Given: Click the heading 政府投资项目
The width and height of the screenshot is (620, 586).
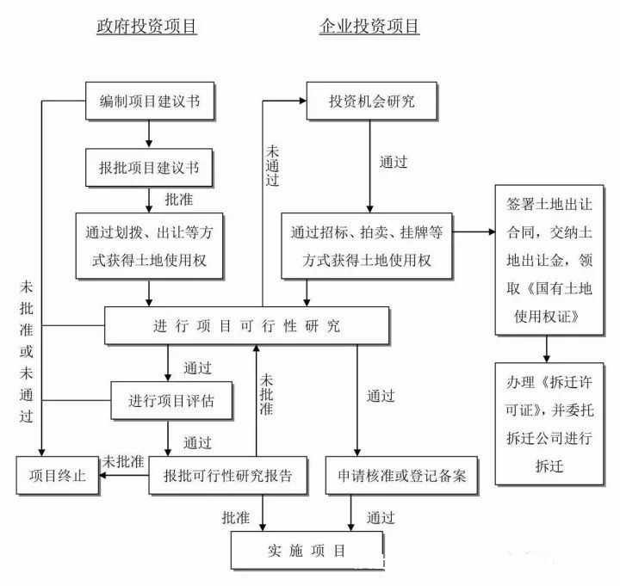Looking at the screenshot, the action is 146,26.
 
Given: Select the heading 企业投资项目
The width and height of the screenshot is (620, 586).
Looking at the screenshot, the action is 369,26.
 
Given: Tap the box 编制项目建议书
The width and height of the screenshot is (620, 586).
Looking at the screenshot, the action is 150,101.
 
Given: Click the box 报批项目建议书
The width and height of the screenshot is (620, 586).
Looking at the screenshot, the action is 149,168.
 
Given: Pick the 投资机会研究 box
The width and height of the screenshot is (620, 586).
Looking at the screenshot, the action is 372,101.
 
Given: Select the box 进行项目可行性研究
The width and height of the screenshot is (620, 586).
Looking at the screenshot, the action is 247,325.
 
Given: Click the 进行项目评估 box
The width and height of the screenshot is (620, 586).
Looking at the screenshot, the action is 171,401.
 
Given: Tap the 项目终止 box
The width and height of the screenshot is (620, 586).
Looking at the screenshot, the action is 58,475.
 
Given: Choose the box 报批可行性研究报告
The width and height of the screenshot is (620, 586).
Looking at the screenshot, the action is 227,475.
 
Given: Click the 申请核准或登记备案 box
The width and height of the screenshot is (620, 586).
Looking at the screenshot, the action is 401,475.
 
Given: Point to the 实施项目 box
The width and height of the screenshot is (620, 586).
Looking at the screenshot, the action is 307,551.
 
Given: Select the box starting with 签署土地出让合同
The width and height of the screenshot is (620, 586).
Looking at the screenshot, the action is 549,260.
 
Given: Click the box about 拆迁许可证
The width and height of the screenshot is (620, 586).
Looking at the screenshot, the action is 549,423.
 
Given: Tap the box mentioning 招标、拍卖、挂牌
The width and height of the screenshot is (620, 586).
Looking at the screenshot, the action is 367,246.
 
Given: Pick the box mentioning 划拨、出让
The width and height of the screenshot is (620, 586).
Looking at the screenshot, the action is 150,246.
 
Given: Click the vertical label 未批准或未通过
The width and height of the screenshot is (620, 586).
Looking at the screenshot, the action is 26,351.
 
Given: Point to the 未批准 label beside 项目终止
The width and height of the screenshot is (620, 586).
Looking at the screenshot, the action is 123,461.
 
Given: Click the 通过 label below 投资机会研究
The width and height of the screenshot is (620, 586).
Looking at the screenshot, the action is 393,162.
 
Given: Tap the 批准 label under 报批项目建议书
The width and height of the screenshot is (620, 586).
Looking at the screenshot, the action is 179,200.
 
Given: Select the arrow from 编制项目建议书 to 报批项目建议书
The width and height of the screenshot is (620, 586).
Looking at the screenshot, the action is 149,134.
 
